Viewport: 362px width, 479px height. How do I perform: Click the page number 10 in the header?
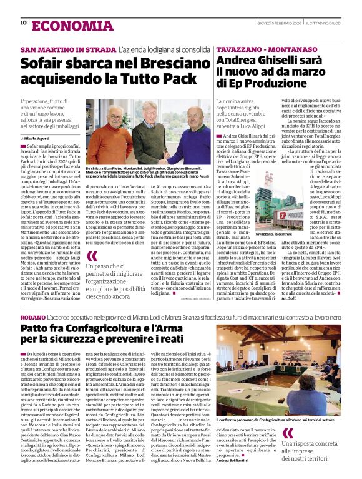(23, 23)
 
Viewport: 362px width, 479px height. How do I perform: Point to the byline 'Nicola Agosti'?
(38, 137)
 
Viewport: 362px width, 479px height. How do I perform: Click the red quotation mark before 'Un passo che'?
(92, 256)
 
